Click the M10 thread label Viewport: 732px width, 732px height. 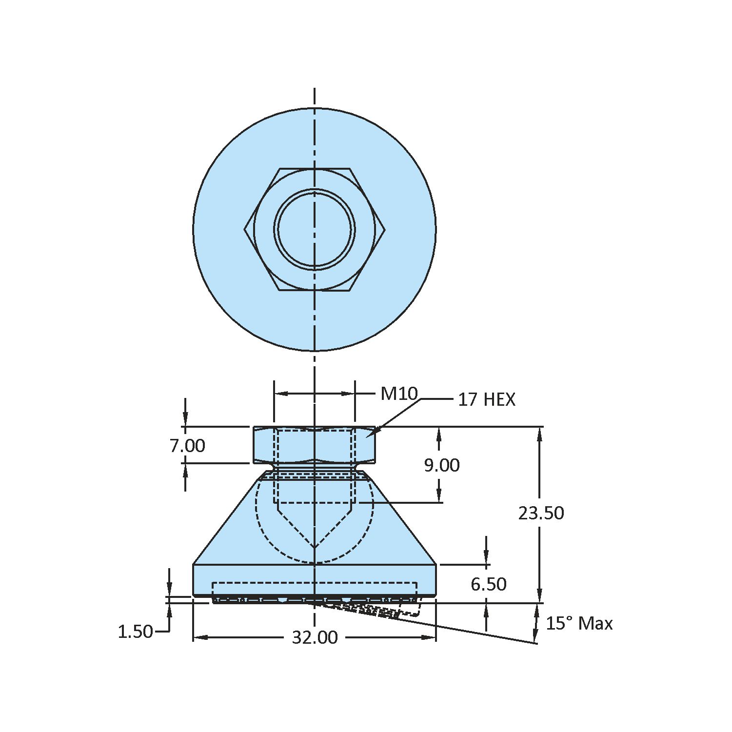pos(399,394)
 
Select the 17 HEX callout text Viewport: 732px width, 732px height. pos(486,400)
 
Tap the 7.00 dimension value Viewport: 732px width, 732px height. pos(187,446)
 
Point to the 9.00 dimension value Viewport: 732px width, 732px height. pos(441,465)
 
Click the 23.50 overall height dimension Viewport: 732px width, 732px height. pos(541,513)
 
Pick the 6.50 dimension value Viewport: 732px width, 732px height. pos(488,584)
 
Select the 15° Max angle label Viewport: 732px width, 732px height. pos(578,623)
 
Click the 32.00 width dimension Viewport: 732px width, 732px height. pos(315,637)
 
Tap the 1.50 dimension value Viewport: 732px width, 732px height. pos(135,632)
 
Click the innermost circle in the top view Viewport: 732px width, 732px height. pos(315,229)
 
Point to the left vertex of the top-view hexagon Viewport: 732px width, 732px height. pos(244,229)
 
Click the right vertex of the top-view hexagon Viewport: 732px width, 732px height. pos(385,229)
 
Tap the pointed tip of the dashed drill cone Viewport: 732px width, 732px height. pos(315,548)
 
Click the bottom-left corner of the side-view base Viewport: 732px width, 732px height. pos(194,596)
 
